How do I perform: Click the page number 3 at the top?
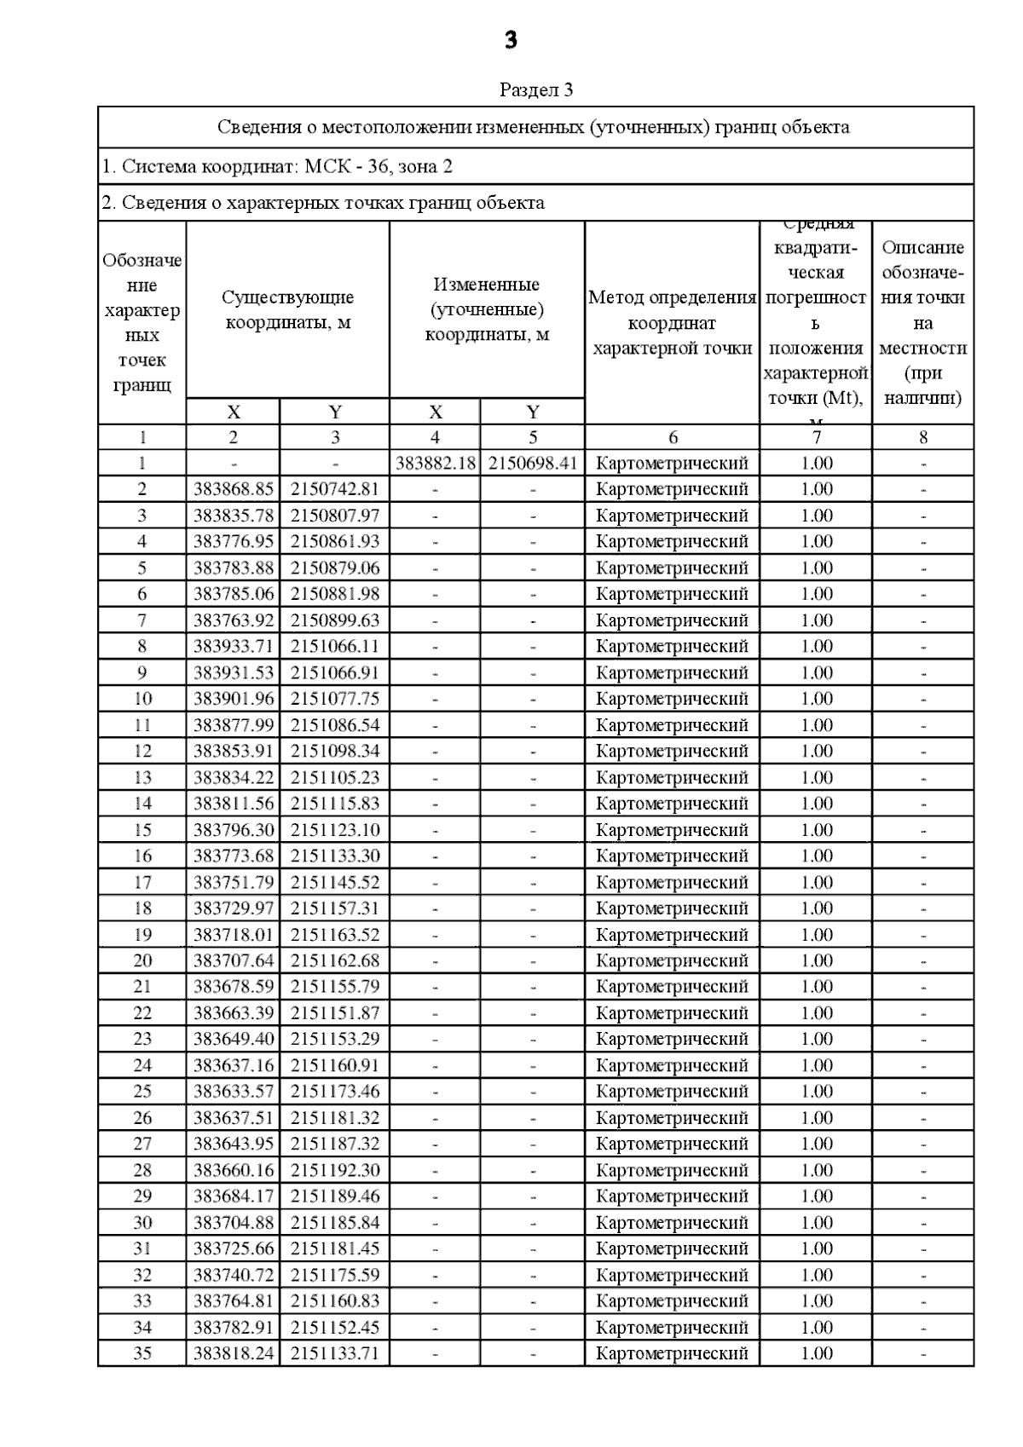tap(511, 40)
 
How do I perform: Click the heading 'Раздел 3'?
tap(536, 90)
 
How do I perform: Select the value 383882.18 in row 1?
tap(436, 464)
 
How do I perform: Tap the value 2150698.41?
tap(533, 464)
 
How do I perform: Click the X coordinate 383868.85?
tap(234, 489)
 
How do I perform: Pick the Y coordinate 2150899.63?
tap(335, 620)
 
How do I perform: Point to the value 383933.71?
tap(234, 646)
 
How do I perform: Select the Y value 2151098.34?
tap(335, 751)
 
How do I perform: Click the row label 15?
tap(142, 830)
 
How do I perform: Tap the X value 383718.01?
tap(234, 935)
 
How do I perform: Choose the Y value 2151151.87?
tap(335, 1013)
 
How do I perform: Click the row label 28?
tap(142, 1170)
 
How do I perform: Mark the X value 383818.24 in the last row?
tap(234, 1353)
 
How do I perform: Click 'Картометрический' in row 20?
tap(672, 960)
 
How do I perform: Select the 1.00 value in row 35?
tap(817, 1353)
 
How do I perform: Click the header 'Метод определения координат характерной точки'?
tap(672, 323)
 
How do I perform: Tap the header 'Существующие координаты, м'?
tap(288, 310)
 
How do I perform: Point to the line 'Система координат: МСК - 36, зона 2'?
tap(277, 167)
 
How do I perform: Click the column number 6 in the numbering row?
tap(673, 438)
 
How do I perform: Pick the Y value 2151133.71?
tap(335, 1353)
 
